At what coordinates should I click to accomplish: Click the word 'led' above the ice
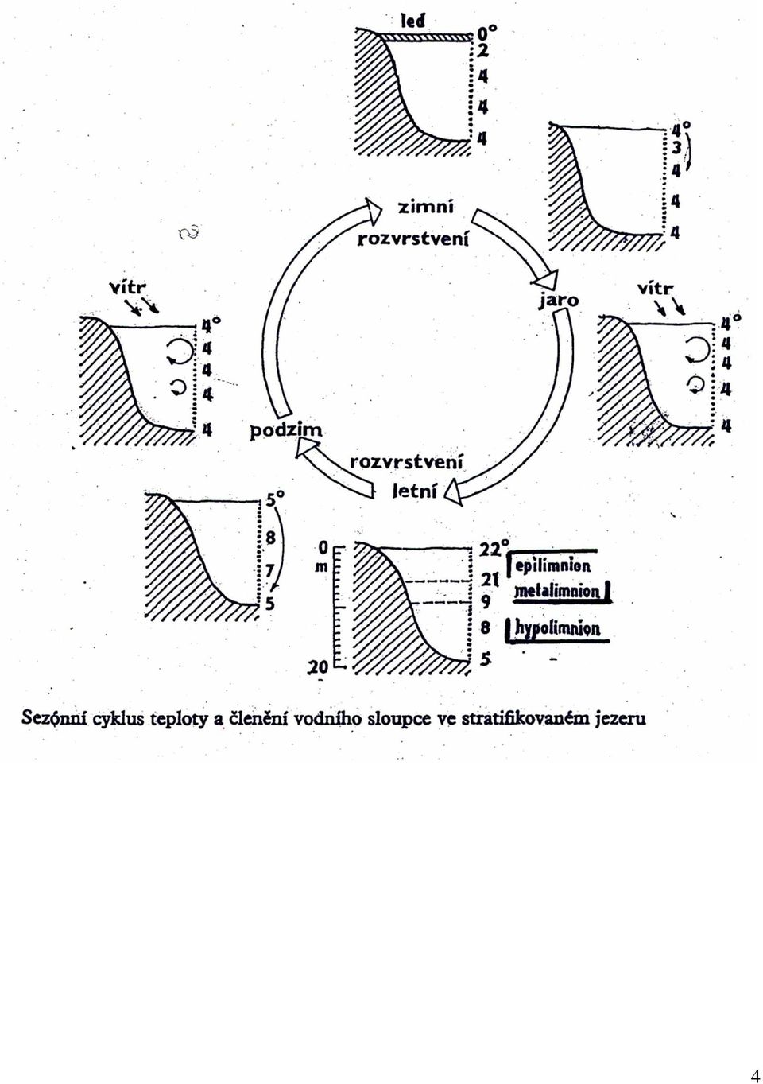413,21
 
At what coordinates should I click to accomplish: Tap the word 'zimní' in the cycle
425,207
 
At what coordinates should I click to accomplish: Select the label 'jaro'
559,301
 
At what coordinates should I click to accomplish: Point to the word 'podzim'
285,431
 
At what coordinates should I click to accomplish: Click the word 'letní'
414,491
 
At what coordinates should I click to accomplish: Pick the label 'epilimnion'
552,566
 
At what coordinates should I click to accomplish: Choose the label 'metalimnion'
556,592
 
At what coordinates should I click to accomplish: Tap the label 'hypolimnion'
557,628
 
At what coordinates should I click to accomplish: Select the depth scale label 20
320,668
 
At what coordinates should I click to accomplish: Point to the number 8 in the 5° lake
269,538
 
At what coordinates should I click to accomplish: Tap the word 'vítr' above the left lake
128,289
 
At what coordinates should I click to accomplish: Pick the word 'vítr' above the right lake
655,289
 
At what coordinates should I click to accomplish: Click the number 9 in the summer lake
486,603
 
